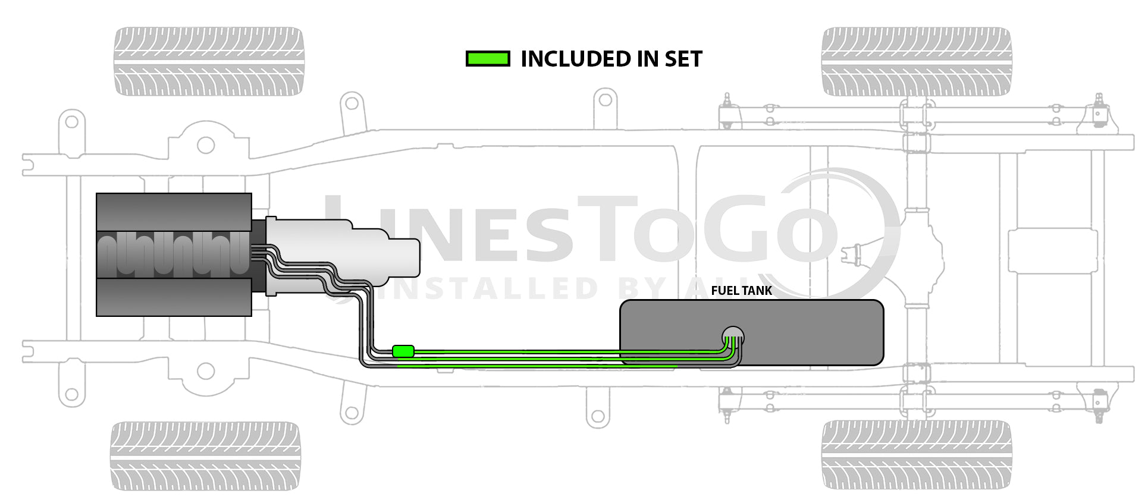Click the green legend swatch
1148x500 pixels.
(x=488, y=59)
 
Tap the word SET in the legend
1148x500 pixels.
(x=683, y=59)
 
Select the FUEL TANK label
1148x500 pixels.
(x=741, y=291)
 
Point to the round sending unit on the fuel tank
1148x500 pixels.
(x=733, y=337)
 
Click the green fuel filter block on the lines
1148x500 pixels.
(x=403, y=351)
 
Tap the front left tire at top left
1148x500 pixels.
(x=209, y=61)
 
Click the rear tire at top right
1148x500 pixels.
(x=916, y=61)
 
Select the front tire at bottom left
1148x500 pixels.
(x=205, y=456)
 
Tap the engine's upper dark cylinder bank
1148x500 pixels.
(x=174, y=212)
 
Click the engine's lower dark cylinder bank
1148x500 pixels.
(x=174, y=297)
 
